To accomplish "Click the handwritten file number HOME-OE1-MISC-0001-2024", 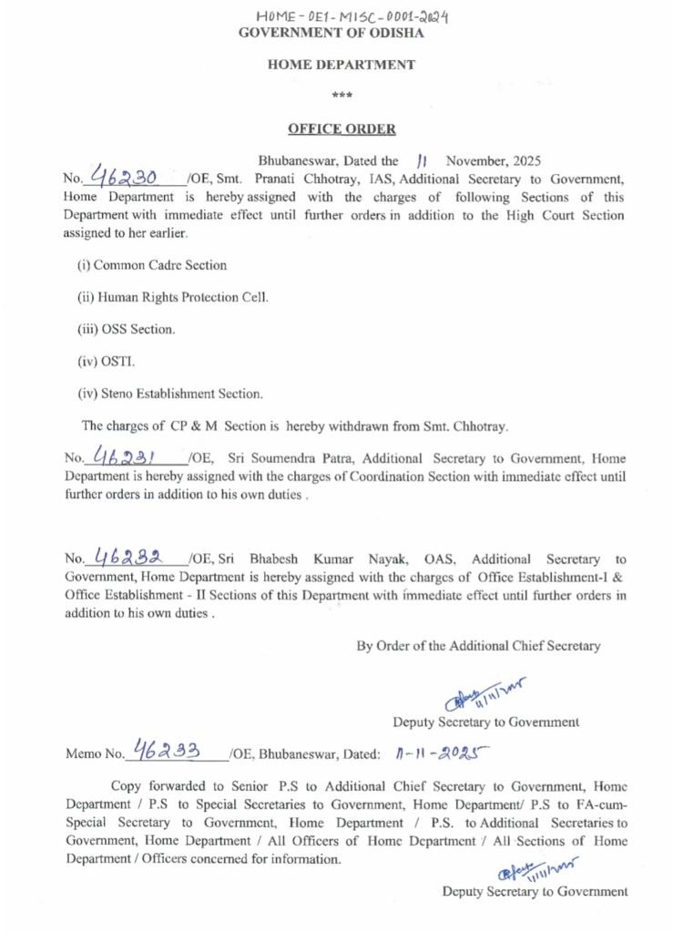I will pos(354,16).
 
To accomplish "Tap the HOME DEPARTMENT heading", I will pos(342,65).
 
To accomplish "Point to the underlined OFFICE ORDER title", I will pos(342,129).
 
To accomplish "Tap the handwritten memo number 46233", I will pos(168,751).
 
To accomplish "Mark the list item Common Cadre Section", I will pos(152,265).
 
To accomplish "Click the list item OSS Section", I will pos(127,329).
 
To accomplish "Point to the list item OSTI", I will pos(107,362).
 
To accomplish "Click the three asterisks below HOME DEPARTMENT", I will pos(342,96).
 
